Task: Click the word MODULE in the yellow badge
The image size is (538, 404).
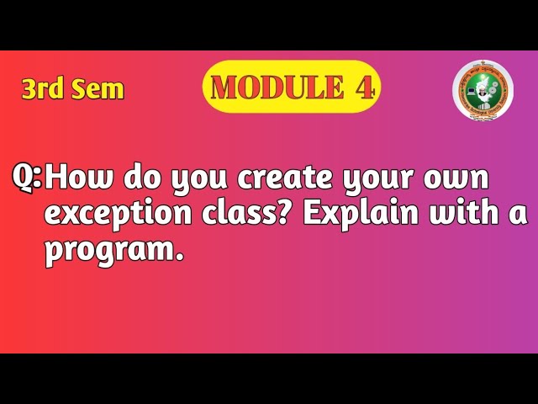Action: [x=270, y=87]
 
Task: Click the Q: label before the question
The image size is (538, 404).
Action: [x=29, y=178]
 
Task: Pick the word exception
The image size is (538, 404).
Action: [x=119, y=215]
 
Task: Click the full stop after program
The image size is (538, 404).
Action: [x=179, y=258]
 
